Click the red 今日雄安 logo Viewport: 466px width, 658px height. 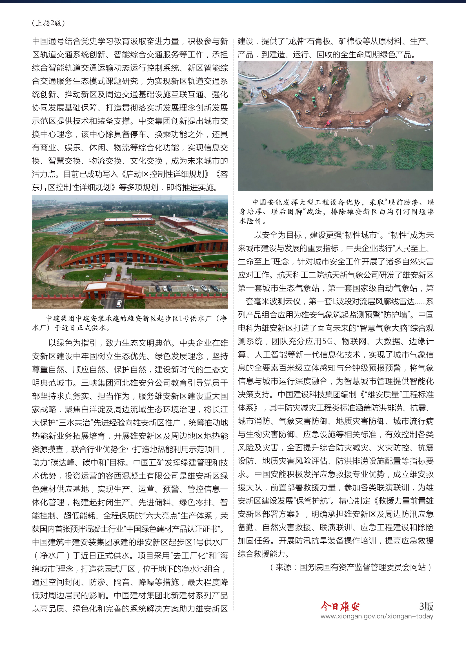(x=340, y=607)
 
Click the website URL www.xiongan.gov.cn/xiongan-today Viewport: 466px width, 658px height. (x=376, y=616)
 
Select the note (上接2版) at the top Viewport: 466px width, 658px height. (x=48, y=23)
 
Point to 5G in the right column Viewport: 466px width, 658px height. (x=327, y=341)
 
